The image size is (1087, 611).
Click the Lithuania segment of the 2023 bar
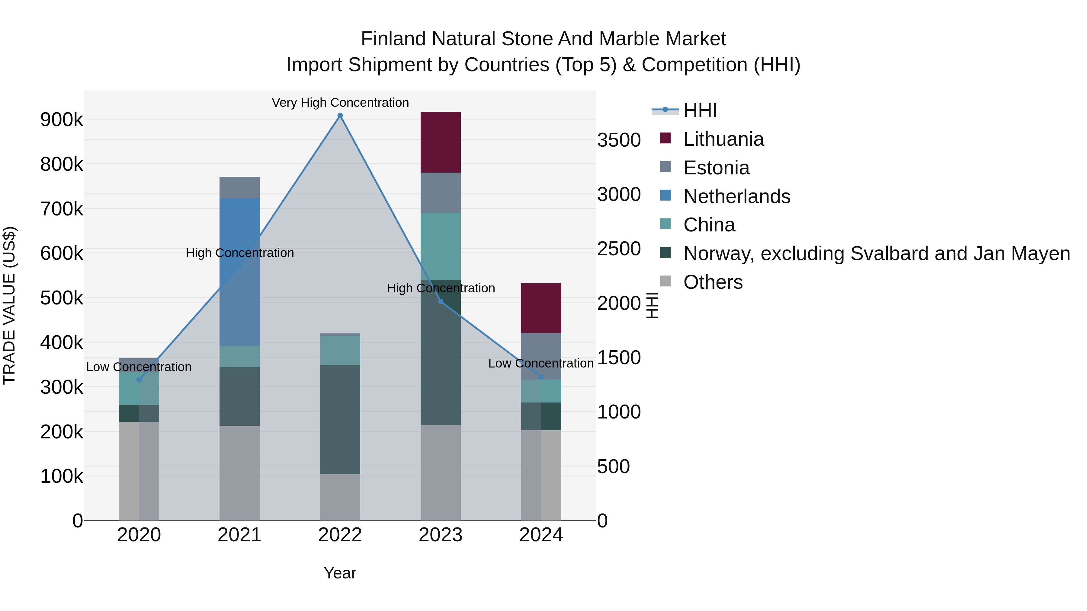[440, 142]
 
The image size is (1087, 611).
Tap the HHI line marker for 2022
[340, 116]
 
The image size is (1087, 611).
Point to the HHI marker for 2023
[441, 301]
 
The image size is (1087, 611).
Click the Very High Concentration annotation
[340, 103]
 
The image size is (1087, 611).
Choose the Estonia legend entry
[716, 168]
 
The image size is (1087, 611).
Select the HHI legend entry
[700, 110]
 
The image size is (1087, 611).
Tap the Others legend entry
[712, 282]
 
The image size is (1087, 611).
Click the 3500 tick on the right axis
[619, 140]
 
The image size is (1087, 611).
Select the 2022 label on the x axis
[340, 535]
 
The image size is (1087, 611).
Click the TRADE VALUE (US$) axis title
[9, 306]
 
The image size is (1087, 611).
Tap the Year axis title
[340, 573]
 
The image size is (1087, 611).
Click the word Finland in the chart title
[393, 39]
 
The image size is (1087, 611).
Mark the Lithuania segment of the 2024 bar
[541, 308]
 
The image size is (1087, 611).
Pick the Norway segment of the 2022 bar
[340, 420]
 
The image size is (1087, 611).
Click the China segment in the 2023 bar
[440, 246]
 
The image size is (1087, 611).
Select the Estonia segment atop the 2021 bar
[239, 188]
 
